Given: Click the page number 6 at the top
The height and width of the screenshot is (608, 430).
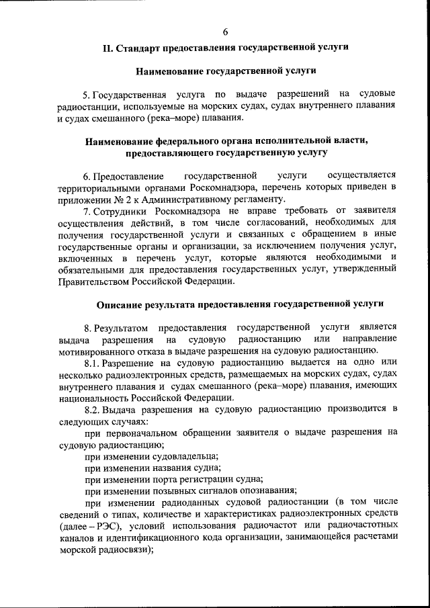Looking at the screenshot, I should [225, 32].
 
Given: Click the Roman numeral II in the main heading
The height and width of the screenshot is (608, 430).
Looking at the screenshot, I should [107, 48].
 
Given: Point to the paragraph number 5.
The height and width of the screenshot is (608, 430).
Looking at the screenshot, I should [85, 93].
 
